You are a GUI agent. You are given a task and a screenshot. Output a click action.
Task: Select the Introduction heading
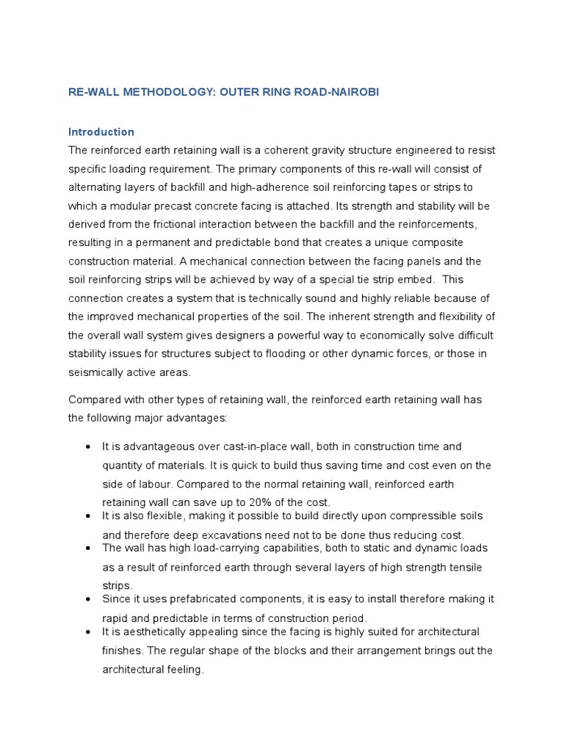101,132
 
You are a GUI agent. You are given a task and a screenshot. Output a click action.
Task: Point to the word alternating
100,187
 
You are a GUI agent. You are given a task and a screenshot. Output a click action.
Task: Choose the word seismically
105,372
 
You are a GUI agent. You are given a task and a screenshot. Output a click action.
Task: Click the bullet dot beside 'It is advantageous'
88,447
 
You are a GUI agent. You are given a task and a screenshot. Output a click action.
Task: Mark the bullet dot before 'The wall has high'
88,549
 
